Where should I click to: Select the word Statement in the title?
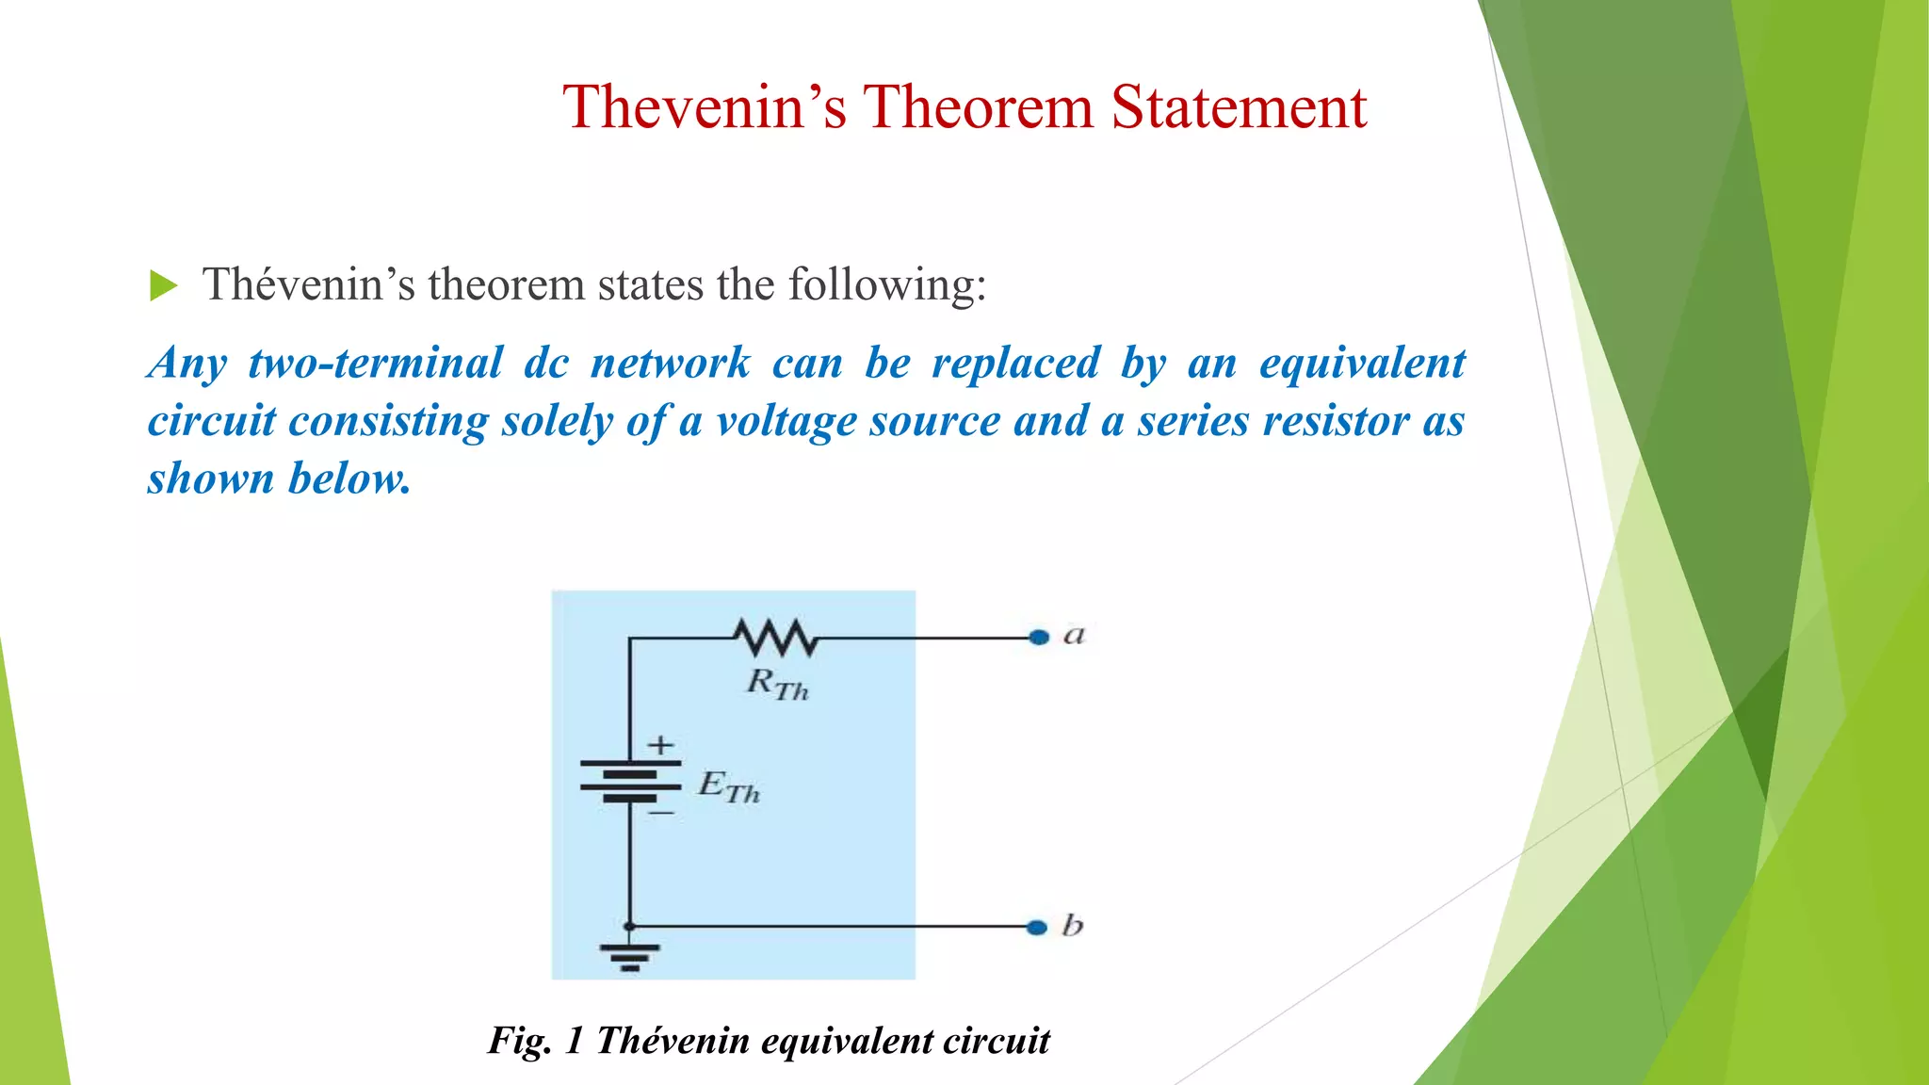[x=1239, y=106]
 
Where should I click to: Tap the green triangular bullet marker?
[x=163, y=285]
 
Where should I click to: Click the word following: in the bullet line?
[x=887, y=284]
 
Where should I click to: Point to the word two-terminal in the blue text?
[x=376, y=364]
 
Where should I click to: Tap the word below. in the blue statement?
[x=349, y=478]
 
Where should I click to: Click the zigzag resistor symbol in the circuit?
[x=776, y=638]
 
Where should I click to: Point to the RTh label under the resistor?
[x=777, y=684]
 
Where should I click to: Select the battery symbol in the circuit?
[x=630, y=781]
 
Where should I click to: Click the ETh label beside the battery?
[x=728, y=786]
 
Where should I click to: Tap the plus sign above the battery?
[x=661, y=745]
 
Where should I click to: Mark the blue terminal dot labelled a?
[x=1039, y=638]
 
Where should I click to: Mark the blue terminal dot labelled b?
[x=1037, y=928]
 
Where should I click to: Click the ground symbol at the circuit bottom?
[x=630, y=956]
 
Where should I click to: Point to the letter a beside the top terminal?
[x=1074, y=636]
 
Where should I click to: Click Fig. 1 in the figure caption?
[x=535, y=1041]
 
